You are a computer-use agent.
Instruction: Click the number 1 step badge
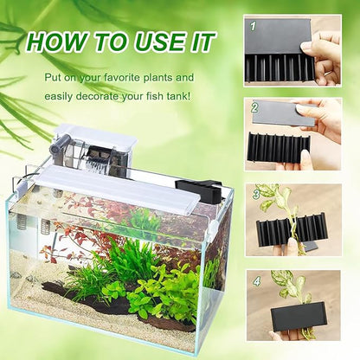point(254,25)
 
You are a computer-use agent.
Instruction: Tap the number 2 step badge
point(254,109)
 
